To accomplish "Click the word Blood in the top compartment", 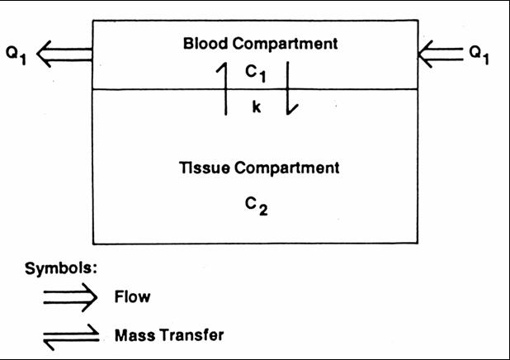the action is tap(205, 43).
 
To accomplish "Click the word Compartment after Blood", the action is tap(285, 44).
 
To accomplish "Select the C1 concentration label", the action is tap(256, 73).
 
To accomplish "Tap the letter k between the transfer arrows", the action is tap(257, 107).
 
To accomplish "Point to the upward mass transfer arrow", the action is tap(225, 88).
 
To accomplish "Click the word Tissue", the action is tap(205, 168).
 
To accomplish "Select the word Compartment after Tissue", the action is tap(287, 168).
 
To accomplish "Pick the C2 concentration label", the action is tap(257, 206).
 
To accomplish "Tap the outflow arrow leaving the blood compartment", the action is tap(64, 54).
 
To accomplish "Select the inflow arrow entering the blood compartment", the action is tap(441, 54).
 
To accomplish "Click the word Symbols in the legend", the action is tap(61, 268).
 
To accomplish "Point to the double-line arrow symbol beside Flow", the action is tap(70, 297).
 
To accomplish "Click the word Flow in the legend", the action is tap(132, 296).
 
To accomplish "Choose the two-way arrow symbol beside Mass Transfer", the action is tap(71, 337).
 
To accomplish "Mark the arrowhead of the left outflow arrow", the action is tap(37, 54).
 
